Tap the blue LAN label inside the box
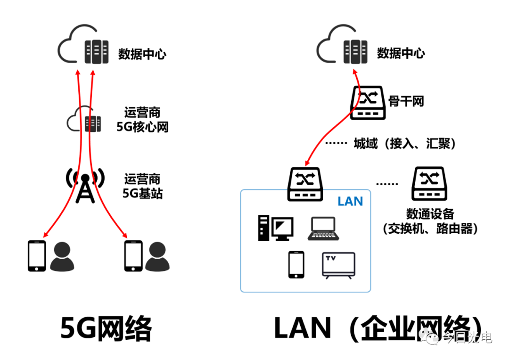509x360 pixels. click(350, 202)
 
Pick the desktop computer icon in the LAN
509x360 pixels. click(275, 228)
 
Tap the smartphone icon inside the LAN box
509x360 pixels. click(296, 264)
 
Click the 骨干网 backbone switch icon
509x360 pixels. click(369, 102)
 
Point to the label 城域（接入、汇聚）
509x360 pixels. click(404, 143)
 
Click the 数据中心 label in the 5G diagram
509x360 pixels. click(142, 54)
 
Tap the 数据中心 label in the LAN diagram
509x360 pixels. click(401, 53)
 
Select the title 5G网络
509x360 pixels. click(106, 327)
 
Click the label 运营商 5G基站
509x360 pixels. click(142, 186)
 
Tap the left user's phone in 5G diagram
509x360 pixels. click(37, 256)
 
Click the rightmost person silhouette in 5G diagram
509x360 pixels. click(157, 257)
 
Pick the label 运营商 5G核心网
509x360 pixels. click(142, 120)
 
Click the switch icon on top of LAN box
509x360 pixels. click(305, 183)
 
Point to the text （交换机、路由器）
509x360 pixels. click(430, 229)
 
